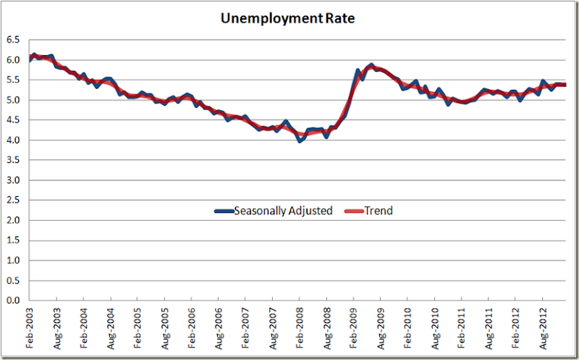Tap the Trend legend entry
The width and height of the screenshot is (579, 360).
[379, 211]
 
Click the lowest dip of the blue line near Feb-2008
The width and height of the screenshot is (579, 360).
[300, 141]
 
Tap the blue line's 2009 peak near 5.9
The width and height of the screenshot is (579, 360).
[371, 65]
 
